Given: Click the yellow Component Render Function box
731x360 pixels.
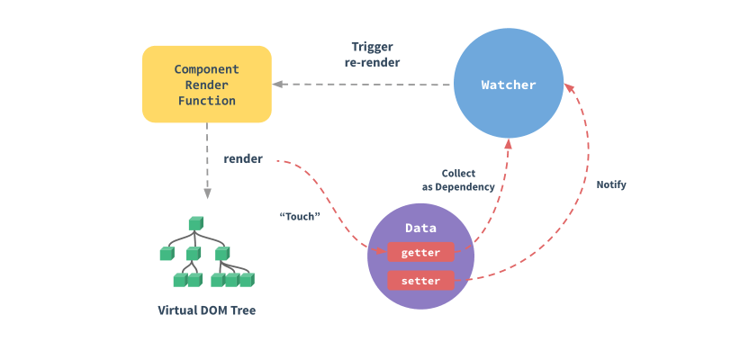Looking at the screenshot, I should point(206,85).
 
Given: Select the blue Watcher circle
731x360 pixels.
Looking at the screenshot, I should point(508,85).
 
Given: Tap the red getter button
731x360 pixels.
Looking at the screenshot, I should point(420,253).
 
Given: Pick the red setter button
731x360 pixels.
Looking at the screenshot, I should point(420,281).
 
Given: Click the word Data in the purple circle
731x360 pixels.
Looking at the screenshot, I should point(420,229).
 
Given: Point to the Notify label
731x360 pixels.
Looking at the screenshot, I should point(610,184).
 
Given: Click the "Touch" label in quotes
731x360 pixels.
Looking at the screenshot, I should point(300,216).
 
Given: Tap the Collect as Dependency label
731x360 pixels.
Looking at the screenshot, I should point(458,180).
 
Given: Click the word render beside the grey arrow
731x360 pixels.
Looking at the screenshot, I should point(243,159).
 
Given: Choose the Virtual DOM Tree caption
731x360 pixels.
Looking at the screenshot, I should point(206,310).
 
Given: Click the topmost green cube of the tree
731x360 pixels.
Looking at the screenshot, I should point(194,222).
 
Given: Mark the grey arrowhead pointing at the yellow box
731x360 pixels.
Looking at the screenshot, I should point(278,85).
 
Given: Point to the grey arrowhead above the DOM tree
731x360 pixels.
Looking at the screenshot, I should point(207,193).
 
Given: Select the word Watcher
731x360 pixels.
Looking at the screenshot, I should point(508,85).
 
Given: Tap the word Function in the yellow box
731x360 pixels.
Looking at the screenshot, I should point(206,101).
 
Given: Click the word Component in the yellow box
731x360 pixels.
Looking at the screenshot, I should point(206,68).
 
